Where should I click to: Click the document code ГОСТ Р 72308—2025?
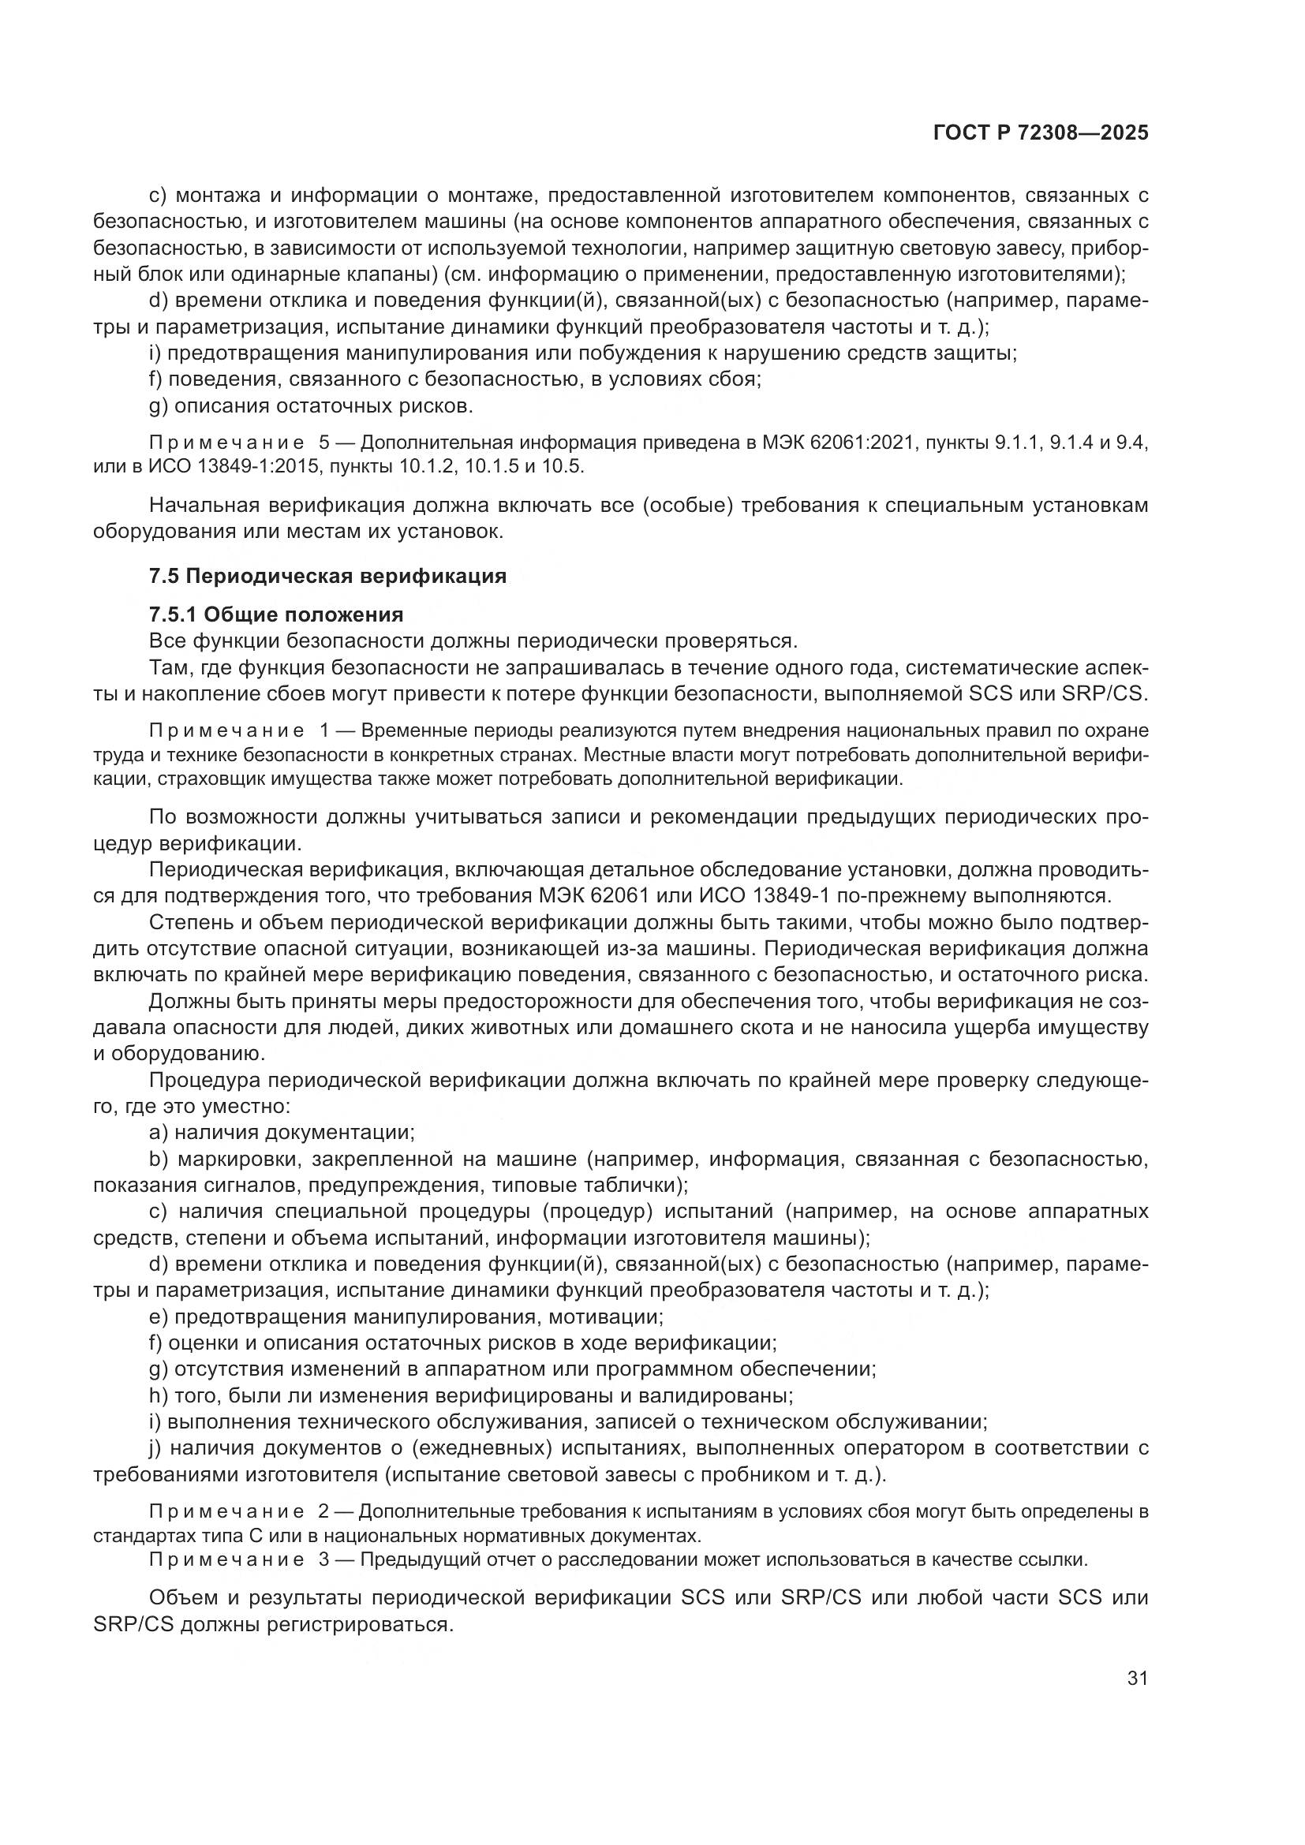tap(1041, 133)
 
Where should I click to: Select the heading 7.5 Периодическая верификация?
tap(328, 576)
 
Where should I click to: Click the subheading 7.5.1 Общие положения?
tap(276, 614)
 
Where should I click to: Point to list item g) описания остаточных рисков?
tap(312, 405)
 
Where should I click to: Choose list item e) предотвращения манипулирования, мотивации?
tap(406, 1317)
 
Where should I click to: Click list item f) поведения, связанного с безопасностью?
tap(454, 379)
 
